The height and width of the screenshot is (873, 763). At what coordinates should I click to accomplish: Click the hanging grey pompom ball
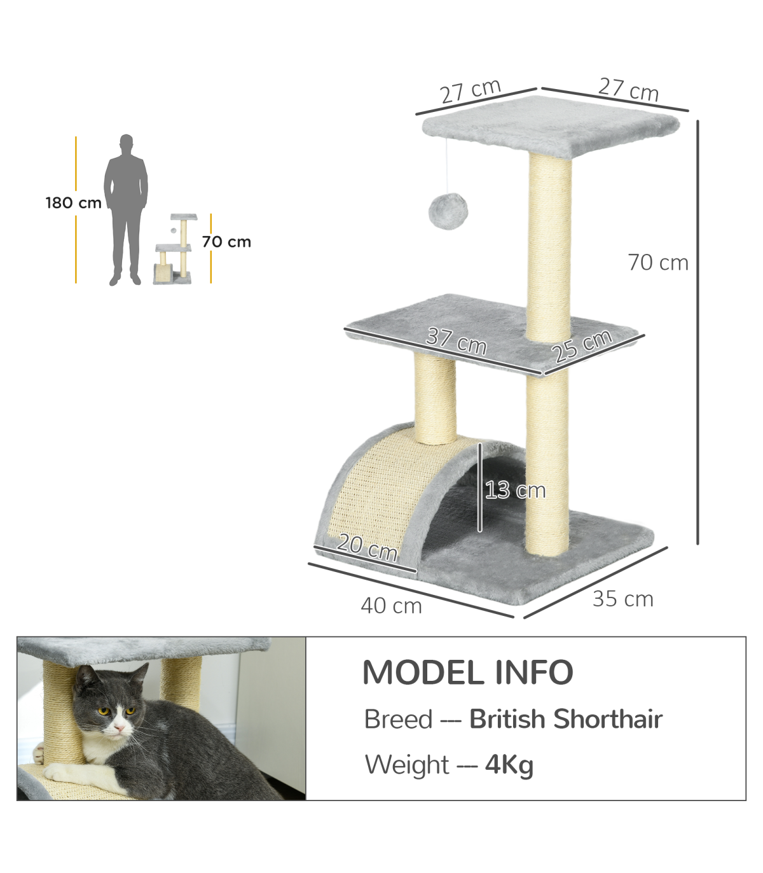pos(448,211)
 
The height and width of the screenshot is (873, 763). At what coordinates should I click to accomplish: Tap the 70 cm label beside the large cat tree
pos(658,262)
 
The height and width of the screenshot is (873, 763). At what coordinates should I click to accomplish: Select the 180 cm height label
pos(74,203)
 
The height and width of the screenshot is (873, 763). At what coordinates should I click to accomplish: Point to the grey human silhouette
pos(126,210)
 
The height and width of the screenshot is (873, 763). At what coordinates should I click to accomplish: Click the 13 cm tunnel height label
pos(516,490)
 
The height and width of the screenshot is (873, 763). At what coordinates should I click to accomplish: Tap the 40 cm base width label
pos(391,606)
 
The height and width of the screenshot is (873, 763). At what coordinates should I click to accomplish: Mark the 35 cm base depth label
pos(622,599)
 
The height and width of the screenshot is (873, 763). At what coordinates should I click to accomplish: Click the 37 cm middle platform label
pos(457,341)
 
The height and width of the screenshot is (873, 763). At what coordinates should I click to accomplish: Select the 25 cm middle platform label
pos(582,346)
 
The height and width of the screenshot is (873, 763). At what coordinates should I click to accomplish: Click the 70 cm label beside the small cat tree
pos(226,242)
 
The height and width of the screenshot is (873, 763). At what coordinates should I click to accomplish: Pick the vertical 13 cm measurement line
pos(481,487)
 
